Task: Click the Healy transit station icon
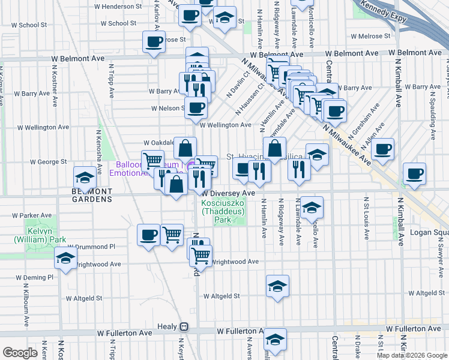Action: pos(185,327)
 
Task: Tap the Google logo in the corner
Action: pos(20,353)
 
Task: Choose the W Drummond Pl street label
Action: pos(91,247)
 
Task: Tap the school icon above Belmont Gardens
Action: pos(85,178)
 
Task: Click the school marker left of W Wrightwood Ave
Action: pos(65,259)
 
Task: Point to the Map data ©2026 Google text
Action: pos(412,355)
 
